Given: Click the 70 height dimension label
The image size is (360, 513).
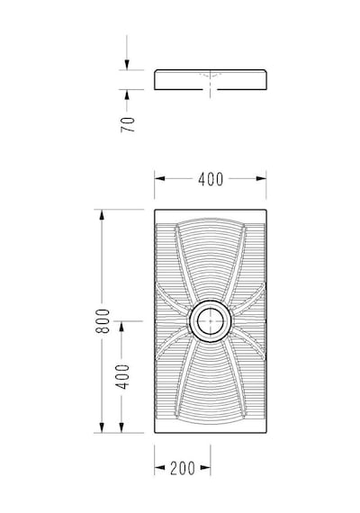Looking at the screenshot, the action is tap(128, 124).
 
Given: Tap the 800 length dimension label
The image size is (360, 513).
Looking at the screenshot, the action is tap(103, 321).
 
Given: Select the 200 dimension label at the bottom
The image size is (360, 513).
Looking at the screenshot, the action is tap(183, 468).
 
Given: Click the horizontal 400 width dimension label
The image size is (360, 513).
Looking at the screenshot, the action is tap(211, 179).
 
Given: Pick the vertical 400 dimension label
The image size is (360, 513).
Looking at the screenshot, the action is tap(122, 376).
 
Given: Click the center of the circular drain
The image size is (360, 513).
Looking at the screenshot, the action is tap(211, 321).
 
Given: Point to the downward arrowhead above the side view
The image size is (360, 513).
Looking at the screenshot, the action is tap(127, 65).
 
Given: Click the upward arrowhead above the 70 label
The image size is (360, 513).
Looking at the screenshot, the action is tap(127, 94).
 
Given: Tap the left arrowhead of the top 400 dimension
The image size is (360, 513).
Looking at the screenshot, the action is tap(159, 178).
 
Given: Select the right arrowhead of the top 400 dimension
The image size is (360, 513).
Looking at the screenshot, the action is tap(261, 178).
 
